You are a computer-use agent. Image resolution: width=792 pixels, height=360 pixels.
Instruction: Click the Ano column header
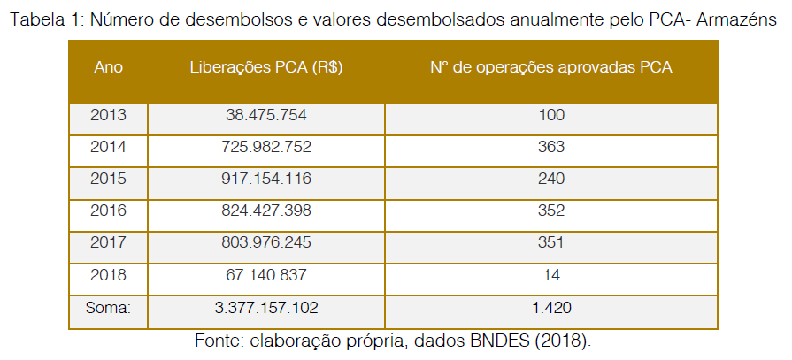click(108, 68)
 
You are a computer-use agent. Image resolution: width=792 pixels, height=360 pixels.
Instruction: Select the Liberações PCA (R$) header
click(266, 68)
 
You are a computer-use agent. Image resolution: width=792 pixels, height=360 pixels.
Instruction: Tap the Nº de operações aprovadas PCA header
click(550, 68)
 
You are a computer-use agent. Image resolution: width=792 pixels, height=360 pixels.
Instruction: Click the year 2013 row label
click(108, 115)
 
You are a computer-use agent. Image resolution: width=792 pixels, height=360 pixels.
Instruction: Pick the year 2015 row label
click(108, 179)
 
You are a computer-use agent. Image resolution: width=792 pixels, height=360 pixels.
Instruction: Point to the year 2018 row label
click(108, 275)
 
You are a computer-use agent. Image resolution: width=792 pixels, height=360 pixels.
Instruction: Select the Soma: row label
click(108, 308)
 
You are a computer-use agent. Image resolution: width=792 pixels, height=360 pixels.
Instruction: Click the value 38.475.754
click(266, 115)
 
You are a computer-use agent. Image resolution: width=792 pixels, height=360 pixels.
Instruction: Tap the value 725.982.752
click(266, 147)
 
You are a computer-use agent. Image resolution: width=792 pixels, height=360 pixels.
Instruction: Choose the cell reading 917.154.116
click(266, 179)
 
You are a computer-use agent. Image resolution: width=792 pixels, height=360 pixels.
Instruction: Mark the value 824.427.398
click(266, 211)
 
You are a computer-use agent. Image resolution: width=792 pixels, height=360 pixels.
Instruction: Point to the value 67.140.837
click(266, 275)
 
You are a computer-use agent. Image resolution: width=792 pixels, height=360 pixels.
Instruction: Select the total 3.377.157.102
click(266, 308)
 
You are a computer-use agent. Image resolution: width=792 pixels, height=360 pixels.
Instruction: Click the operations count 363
click(550, 147)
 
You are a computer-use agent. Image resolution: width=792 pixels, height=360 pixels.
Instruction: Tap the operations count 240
click(550, 179)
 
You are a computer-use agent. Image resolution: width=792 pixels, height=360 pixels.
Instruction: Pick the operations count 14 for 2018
click(550, 275)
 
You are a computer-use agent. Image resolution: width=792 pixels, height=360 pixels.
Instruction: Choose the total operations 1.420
click(550, 308)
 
